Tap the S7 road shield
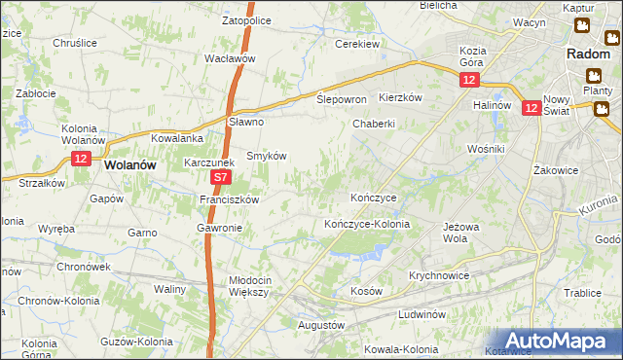[221, 178]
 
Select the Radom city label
[588, 54]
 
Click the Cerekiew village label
[356, 44]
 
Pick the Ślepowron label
[342, 99]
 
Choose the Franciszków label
[229, 198]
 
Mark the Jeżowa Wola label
[461, 233]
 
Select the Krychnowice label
[440, 275]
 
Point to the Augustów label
[321, 324]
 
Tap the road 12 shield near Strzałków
[81, 158]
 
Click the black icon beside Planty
[593, 75]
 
